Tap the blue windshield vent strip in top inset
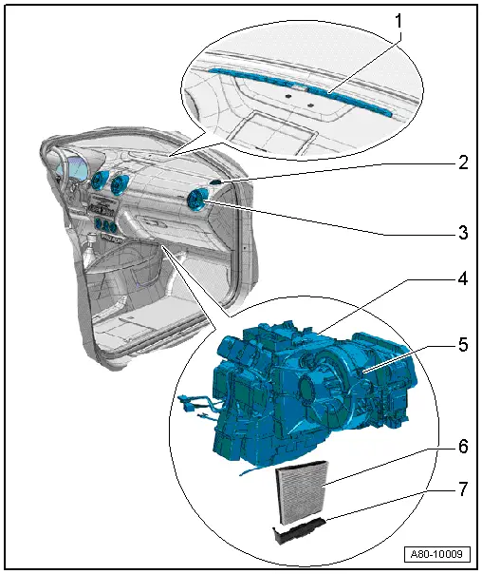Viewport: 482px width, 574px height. tap(285, 83)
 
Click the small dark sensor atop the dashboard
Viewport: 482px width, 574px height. tap(217, 180)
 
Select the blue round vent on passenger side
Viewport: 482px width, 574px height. tap(198, 200)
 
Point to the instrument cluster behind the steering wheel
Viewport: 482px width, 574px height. tap(76, 174)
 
